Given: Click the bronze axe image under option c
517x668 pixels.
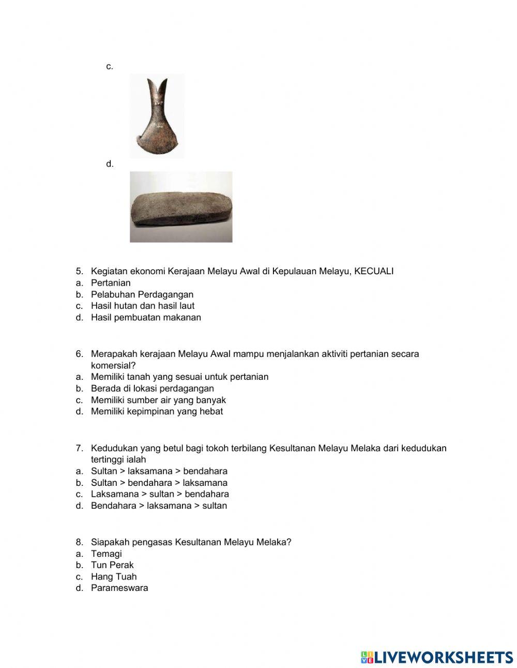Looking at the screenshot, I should point(157,116).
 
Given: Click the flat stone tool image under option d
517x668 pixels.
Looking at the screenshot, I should point(181,207).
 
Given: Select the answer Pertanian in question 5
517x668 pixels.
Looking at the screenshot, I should point(111,283).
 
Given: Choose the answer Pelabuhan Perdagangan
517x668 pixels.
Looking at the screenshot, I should point(142,294).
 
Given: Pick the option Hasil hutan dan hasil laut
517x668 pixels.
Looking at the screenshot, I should point(143,306).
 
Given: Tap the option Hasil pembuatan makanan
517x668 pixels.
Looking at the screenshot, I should point(146,317).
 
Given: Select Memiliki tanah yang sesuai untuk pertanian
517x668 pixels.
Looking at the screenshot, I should point(179,377).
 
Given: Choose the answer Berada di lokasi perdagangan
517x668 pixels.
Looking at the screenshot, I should point(152,388).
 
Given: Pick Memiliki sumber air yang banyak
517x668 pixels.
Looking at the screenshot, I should point(158,400).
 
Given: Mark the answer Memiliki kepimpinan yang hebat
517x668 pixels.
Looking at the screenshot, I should point(157,411).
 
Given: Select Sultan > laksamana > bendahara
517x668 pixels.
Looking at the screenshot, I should point(159,471).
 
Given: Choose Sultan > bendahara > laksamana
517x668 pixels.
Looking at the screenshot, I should point(159,483).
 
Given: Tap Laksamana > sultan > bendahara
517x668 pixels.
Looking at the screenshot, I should point(160,494).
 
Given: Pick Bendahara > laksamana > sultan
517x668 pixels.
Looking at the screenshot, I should point(159,506).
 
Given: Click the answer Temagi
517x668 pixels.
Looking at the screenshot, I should point(107,554).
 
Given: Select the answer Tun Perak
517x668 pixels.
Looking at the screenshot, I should point(112,565).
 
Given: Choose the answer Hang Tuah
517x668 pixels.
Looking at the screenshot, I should point(114,576).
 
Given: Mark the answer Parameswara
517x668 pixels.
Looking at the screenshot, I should point(119,588).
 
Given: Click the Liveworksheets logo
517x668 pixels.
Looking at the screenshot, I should point(437,657).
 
